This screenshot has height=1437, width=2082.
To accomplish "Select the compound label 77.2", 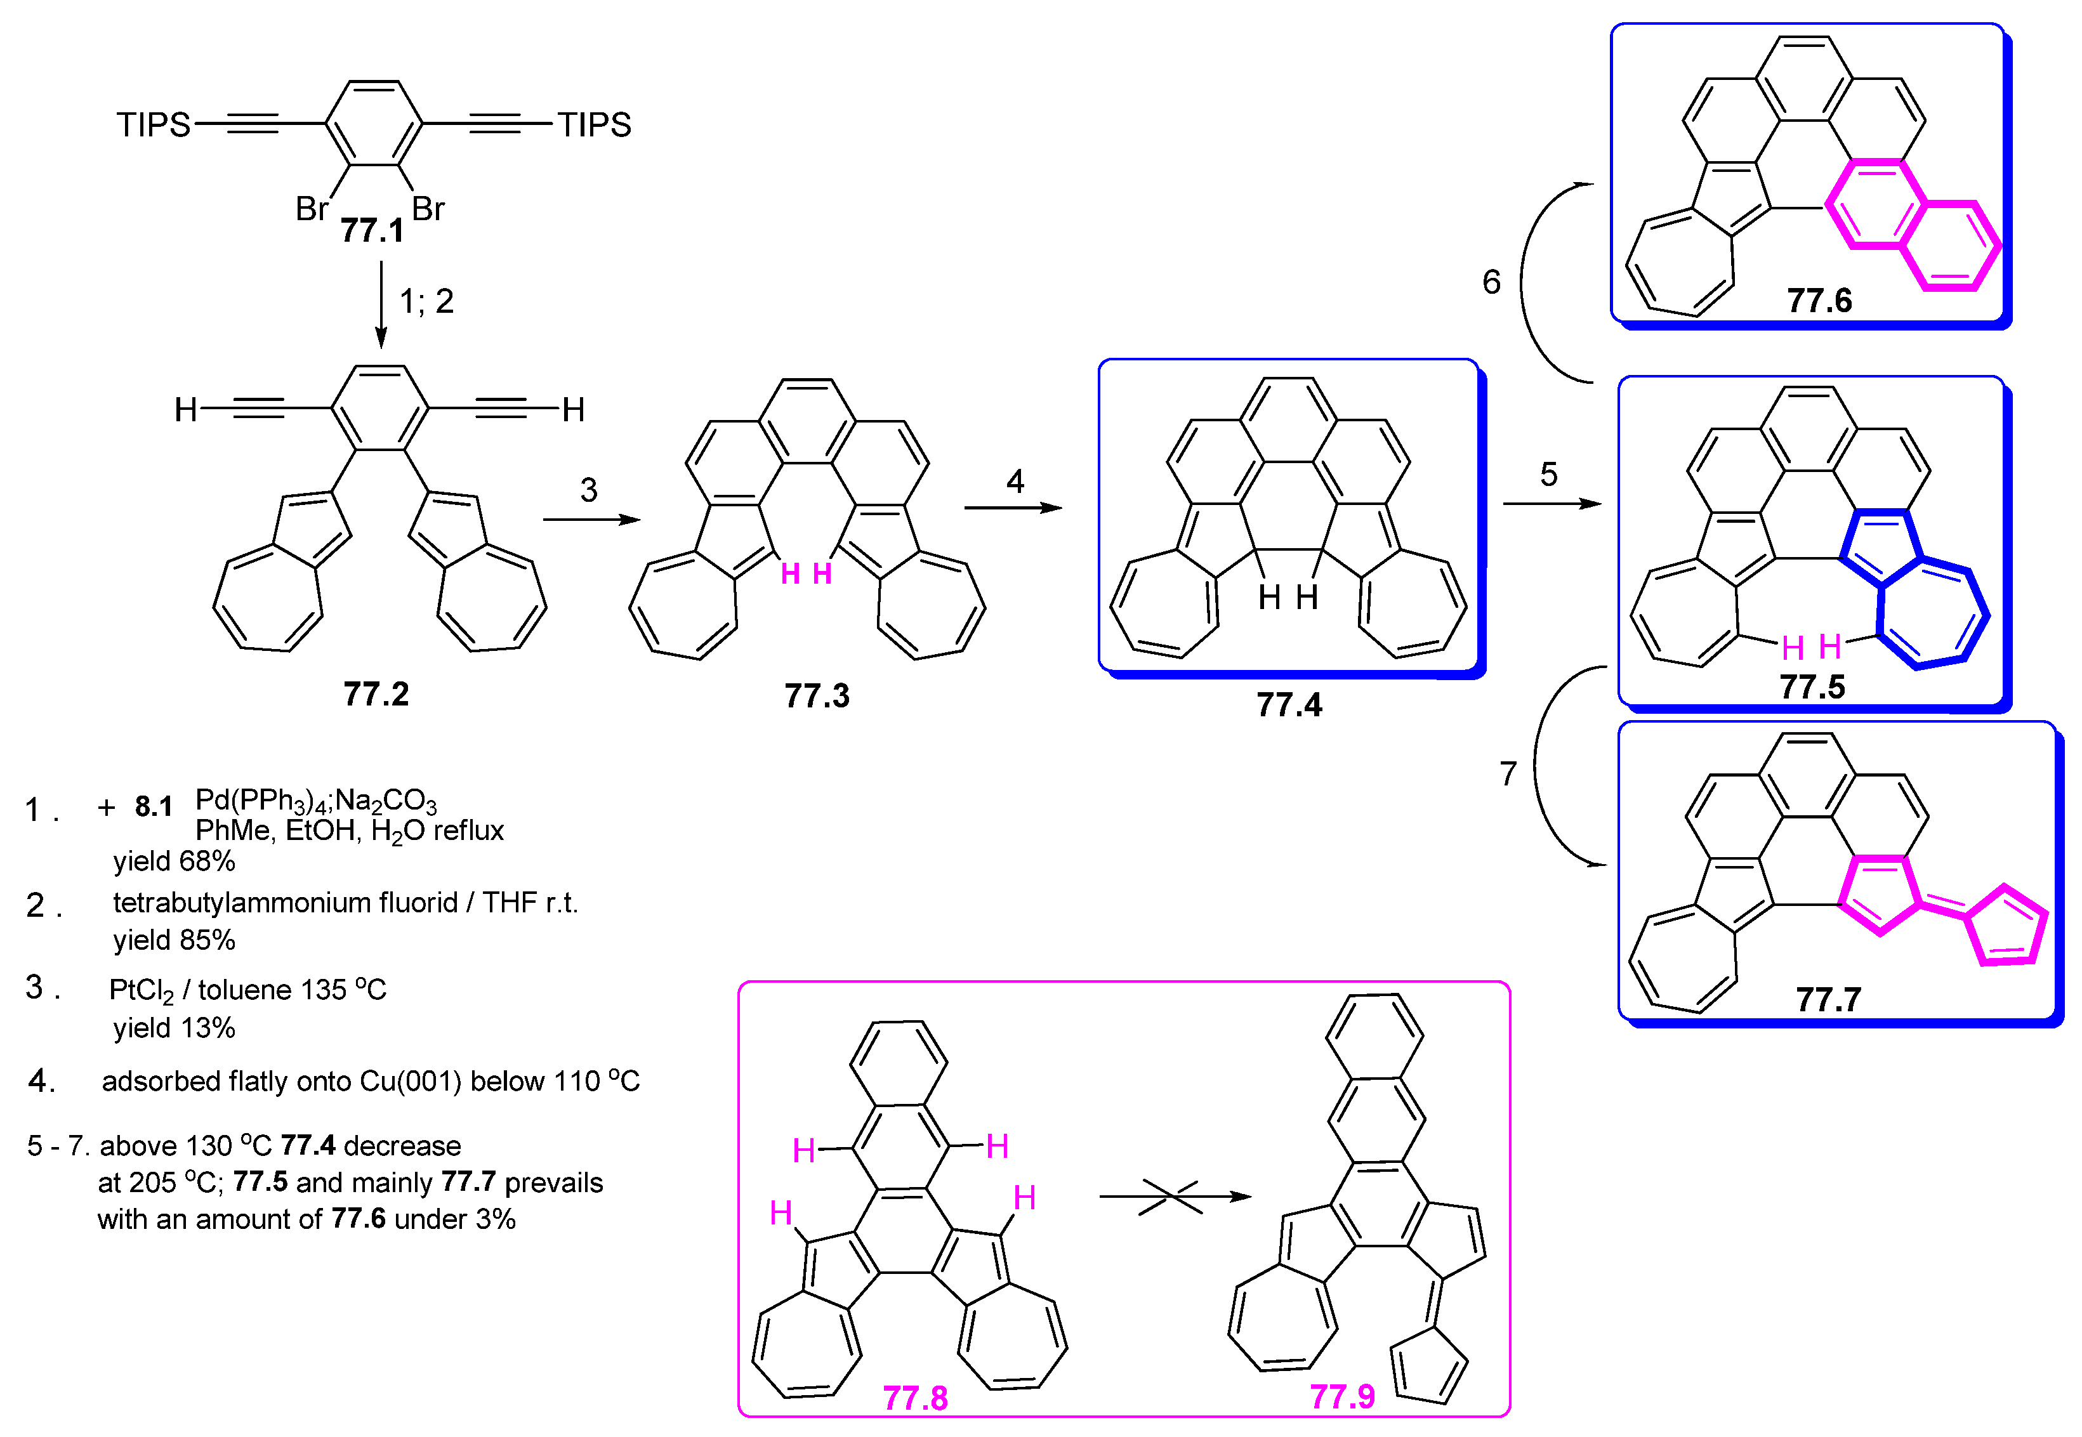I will point(376,694).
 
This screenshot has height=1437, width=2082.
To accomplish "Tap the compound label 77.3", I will point(817,696).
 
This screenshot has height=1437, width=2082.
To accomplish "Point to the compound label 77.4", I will point(1289,705).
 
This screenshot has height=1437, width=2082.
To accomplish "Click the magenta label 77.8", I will point(915,1398).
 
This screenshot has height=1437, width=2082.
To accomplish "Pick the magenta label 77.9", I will point(1341,1396).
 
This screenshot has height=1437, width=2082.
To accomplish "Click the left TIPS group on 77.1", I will point(153,124).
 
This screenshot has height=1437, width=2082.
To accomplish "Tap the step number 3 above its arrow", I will point(589,490).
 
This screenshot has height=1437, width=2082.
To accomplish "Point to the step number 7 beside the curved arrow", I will point(1508,773).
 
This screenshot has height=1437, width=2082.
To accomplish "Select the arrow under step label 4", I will point(1013,508).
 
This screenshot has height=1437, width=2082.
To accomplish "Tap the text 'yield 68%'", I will point(174,862).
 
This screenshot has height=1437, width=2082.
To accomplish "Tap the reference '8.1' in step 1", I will point(154,807).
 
